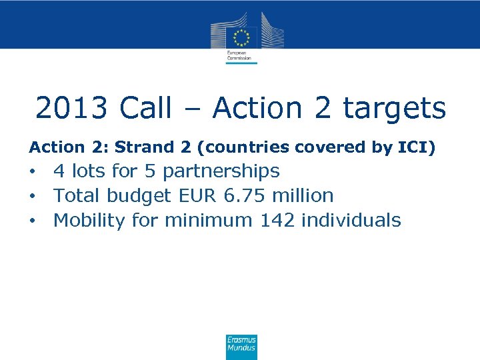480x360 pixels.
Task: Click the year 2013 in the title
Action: [74, 108]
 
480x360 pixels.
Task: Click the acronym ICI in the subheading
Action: [416, 147]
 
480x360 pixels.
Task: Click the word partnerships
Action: [221, 172]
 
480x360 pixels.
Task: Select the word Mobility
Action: [89, 221]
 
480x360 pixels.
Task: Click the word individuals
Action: [351, 220]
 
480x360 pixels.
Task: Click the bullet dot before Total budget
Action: [31, 197]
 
